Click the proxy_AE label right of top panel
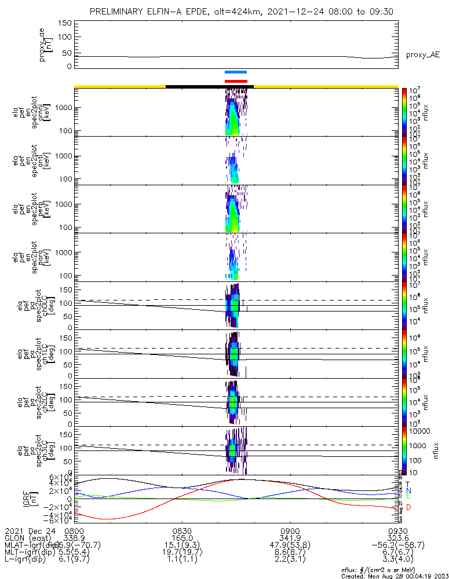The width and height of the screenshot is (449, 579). click(x=422, y=54)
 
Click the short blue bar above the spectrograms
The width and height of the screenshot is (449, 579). click(x=236, y=72)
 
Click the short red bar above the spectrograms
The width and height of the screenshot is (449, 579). click(x=236, y=81)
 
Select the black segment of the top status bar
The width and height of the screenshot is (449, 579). click(x=210, y=86)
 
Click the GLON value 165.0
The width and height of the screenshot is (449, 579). click(x=182, y=538)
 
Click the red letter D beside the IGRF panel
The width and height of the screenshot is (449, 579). click(x=408, y=508)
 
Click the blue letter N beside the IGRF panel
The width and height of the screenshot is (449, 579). click(x=408, y=490)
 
